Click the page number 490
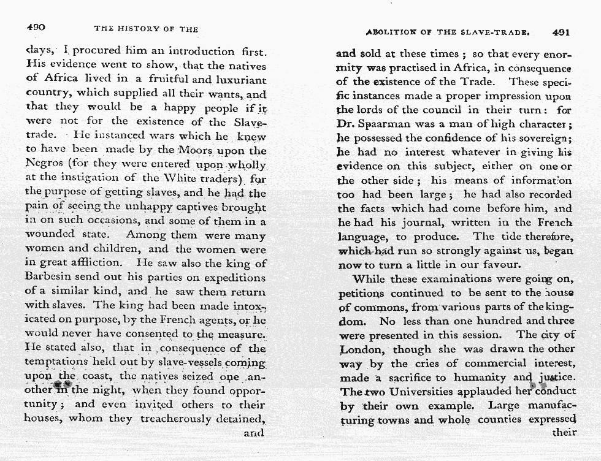tap(36, 28)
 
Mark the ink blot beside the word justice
tap(540, 385)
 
